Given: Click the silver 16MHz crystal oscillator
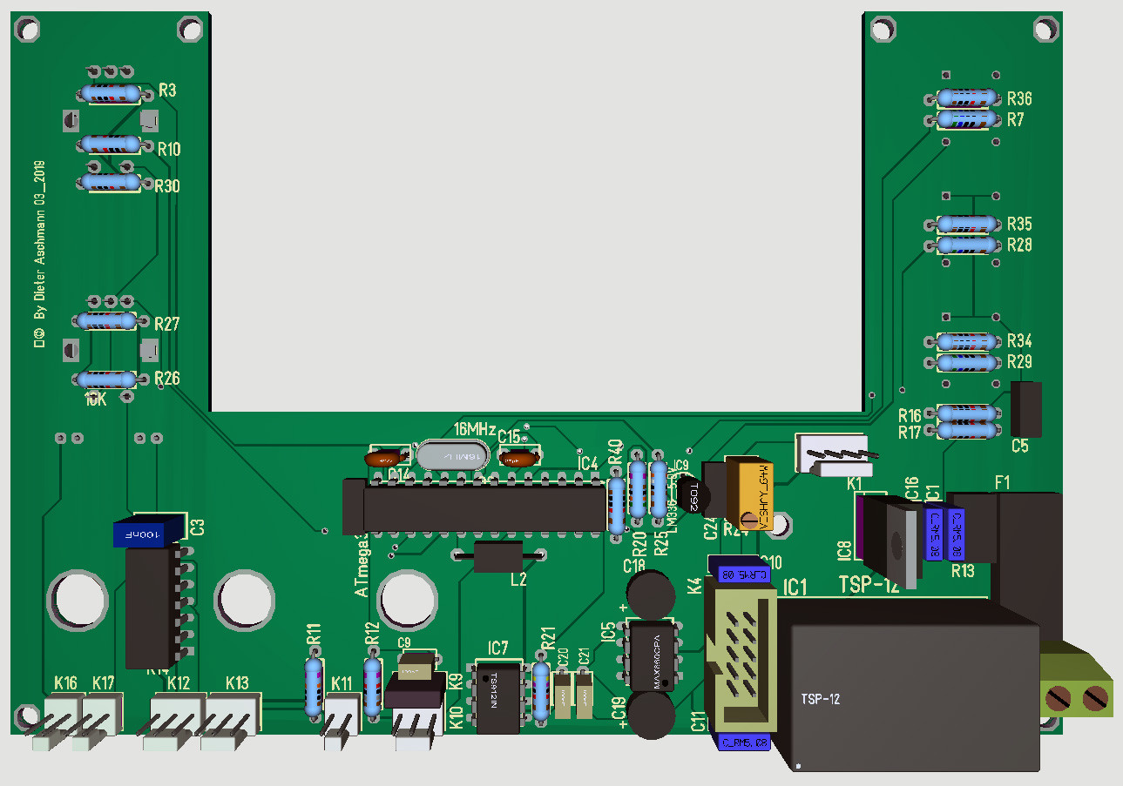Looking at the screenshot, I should click(x=450, y=456).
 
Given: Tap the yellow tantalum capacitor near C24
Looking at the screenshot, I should click(x=755, y=493).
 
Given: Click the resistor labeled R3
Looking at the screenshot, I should click(x=109, y=94).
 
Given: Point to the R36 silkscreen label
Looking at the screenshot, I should click(x=1019, y=98).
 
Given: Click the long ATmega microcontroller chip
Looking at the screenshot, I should click(x=483, y=508).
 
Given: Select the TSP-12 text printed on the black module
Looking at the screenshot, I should click(x=821, y=699).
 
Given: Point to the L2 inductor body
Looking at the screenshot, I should click(x=497, y=555).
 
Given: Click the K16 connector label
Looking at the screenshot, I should click(x=65, y=683).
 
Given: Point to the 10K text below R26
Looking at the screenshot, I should click(x=96, y=400).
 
